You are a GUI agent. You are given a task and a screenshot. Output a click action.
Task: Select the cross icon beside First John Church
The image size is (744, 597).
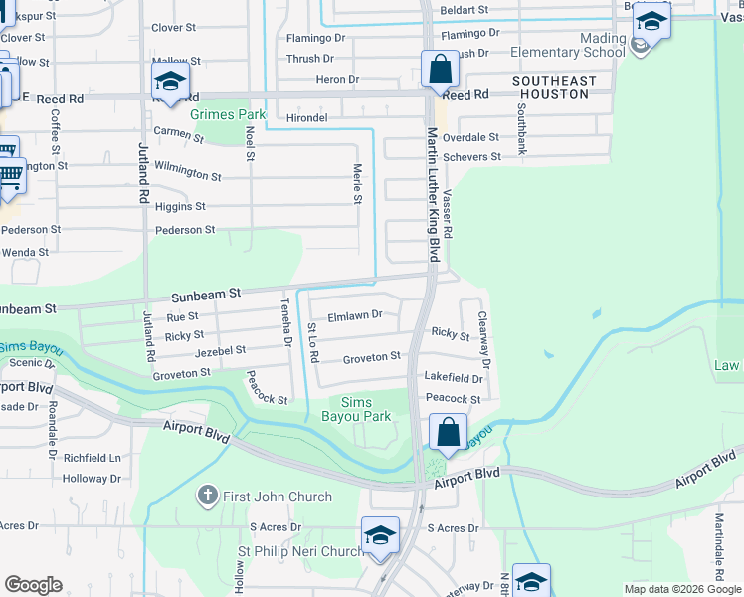point(208,495)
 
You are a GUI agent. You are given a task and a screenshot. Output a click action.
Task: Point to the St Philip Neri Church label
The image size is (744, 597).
point(299,551)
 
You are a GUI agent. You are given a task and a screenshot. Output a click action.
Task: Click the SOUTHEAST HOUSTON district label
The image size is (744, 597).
point(555,87)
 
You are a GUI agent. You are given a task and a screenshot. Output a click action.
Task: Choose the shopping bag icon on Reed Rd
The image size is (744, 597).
point(439,70)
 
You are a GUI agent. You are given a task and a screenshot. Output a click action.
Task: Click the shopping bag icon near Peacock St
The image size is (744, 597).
point(448,432)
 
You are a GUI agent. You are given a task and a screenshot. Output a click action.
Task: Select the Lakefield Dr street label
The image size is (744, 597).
point(453,378)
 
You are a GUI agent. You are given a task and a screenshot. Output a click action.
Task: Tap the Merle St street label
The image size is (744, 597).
point(357,185)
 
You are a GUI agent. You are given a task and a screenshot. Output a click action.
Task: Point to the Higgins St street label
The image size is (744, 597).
point(180,207)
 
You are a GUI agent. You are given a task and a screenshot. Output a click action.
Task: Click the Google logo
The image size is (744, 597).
point(34,585)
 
